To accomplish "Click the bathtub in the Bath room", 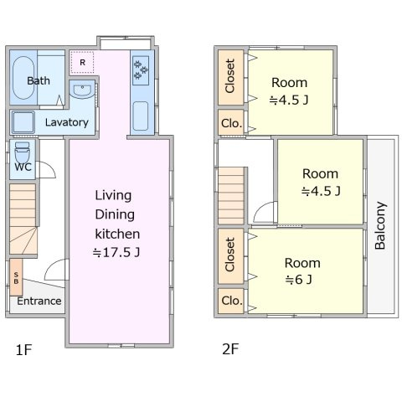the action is tap(23, 78).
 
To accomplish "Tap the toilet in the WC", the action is tap(22, 152).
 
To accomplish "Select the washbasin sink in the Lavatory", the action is tap(82, 90).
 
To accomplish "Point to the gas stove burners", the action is tap(141, 70).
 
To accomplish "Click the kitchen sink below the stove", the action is tap(141, 116).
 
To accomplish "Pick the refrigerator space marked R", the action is tap(82, 62).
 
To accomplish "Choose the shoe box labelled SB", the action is tap(16, 277).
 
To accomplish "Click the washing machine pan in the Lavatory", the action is tap(23, 122).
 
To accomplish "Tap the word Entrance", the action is tap(39, 301).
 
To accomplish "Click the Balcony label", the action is tap(380, 225).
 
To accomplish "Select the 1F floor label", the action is tap(24, 350).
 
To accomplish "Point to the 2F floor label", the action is tap(230, 349).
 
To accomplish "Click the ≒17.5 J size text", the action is tap(116, 253).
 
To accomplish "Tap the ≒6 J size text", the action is tap(298, 280).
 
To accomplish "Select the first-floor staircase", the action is tap(23, 219).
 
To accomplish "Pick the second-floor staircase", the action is tap(231, 195).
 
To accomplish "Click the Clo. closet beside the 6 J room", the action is tap(231, 301).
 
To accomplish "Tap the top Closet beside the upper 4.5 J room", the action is tap(230, 77).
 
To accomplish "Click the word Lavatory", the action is tap(67, 122).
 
